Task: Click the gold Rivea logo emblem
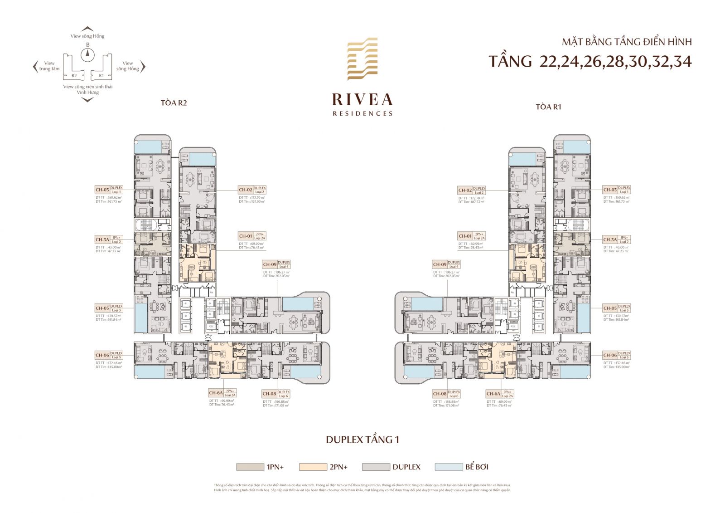click(362, 59)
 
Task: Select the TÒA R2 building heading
click(174, 103)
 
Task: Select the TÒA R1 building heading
click(548, 107)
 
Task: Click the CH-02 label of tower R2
click(246, 190)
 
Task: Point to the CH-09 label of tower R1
click(440, 264)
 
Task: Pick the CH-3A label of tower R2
click(102, 239)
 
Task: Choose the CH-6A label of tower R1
click(493, 394)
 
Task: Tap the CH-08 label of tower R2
click(269, 394)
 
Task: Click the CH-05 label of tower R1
click(610, 308)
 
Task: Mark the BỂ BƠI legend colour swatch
click(448, 467)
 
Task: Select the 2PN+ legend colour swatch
click(313, 467)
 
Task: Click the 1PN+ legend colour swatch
click(250, 467)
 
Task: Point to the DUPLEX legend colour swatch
click(376, 467)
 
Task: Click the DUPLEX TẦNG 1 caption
click(362, 440)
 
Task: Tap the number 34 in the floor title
click(682, 61)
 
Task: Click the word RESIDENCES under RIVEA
click(362, 113)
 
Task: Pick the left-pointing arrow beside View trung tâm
click(35, 67)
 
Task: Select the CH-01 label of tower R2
click(246, 236)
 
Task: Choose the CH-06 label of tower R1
click(610, 355)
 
